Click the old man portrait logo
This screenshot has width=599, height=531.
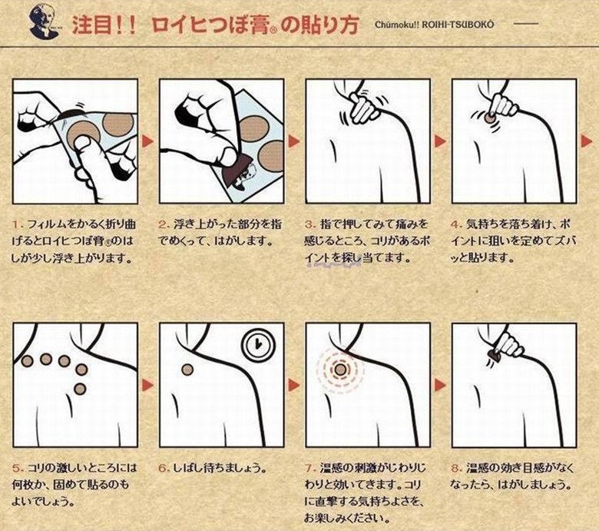(x=45, y=24)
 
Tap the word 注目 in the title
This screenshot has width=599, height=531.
(x=93, y=25)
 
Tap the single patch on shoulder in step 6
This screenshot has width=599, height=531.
(x=187, y=369)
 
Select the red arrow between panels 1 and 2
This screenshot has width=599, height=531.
(x=148, y=141)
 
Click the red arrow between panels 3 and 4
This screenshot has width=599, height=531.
(x=441, y=141)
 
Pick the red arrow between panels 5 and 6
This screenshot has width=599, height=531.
(x=148, y=384)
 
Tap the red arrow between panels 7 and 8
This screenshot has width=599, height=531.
(x=441, y=384)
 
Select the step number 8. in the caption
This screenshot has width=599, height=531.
(x=457, y=466)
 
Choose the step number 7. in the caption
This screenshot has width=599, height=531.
(x=311, y=466)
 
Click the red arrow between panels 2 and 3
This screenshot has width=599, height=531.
(x=294, y=141)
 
